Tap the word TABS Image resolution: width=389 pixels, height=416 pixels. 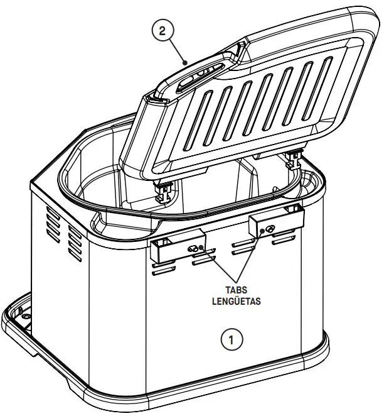click(x=236, y=290)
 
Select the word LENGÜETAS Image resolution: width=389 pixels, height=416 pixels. click(x=236, y=300)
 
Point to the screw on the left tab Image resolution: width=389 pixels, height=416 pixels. click(x=195, y=249)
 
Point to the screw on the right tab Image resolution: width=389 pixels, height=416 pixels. click(x=269, y=229)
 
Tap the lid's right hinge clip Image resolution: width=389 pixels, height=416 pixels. click(x=292, y=161)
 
